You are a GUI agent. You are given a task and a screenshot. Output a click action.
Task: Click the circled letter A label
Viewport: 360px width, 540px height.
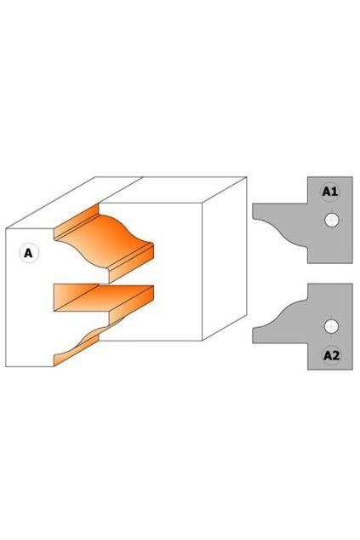pos(29,254)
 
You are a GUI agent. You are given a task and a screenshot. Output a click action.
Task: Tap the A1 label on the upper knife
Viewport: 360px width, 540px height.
pos(329,191)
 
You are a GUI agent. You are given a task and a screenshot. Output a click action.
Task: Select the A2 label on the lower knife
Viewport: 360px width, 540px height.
pos(331,355)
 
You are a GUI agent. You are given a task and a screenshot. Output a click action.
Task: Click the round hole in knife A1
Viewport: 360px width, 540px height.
pos(331,220)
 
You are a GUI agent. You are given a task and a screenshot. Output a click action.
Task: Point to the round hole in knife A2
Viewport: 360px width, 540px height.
pos(331,326)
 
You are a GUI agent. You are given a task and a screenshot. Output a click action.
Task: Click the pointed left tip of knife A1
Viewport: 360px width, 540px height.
pos(254,218)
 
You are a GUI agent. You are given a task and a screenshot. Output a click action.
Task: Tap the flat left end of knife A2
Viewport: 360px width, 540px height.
pos(253,336)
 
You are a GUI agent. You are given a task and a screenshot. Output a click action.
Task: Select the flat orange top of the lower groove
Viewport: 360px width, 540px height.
pos(103,298)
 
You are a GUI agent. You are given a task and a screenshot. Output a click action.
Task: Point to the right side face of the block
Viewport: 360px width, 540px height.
pos(225,258)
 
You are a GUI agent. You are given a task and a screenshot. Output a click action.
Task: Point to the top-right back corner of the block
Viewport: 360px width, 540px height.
pos(247,177)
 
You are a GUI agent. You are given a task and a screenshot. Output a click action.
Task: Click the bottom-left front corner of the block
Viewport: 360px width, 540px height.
pos(6,366)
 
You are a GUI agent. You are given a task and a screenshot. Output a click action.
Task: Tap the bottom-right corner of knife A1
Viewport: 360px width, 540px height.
pos(352,263)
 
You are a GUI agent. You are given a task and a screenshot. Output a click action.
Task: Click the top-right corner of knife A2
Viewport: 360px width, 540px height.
pos(352,284)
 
